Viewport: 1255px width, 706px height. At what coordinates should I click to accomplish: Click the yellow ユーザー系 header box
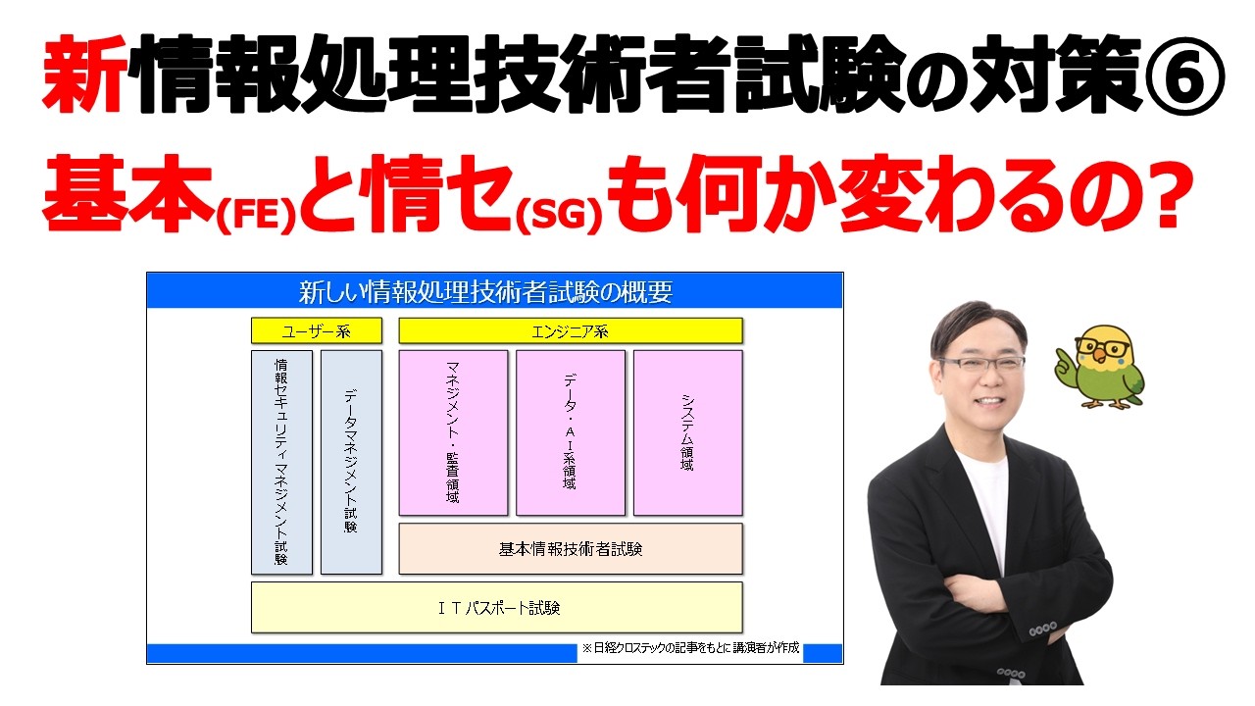click(x=316, y=330)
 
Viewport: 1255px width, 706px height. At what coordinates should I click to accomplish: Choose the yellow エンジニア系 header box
click(x=570, y=330)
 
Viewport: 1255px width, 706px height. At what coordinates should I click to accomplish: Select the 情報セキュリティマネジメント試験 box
click(x=281, y=462)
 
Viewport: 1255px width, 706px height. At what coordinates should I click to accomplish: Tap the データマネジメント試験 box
click(x=351, y=462)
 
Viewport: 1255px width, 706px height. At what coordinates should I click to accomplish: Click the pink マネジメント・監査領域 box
click(x=453, y=432)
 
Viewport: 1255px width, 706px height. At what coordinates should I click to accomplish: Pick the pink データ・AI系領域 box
click(x=570, y=432)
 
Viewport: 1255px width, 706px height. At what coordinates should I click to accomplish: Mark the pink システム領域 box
click(x=687, y=432)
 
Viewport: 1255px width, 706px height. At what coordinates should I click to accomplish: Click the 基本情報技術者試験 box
click(x=570, y=548)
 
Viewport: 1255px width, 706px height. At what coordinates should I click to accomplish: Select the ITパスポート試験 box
click(x=496, y=607)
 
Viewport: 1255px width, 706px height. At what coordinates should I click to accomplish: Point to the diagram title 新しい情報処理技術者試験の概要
click(x=495, y=291)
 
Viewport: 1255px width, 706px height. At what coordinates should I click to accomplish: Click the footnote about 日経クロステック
click(x=690, y=649)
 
